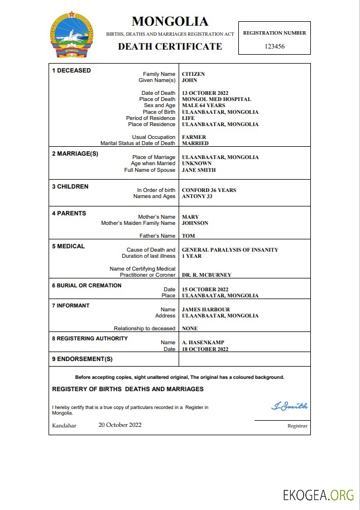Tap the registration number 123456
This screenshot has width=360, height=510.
275,46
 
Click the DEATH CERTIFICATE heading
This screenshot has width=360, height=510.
170,46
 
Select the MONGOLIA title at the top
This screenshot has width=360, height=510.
170,22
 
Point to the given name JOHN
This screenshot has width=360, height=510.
190,80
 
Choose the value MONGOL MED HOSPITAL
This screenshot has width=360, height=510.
217,99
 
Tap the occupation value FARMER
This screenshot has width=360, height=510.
194,137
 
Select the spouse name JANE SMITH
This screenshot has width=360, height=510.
199,170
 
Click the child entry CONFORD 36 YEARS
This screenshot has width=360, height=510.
209,190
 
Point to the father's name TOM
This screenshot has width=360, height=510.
188,236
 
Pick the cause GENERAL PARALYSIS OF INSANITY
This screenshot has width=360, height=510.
230,250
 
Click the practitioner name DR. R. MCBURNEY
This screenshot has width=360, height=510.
207,275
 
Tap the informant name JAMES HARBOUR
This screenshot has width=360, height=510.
206,310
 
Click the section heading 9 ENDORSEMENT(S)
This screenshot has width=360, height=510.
82,359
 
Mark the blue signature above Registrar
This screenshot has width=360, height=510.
289,406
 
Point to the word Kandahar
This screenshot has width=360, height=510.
64,425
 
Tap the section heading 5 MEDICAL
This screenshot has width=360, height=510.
68,246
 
